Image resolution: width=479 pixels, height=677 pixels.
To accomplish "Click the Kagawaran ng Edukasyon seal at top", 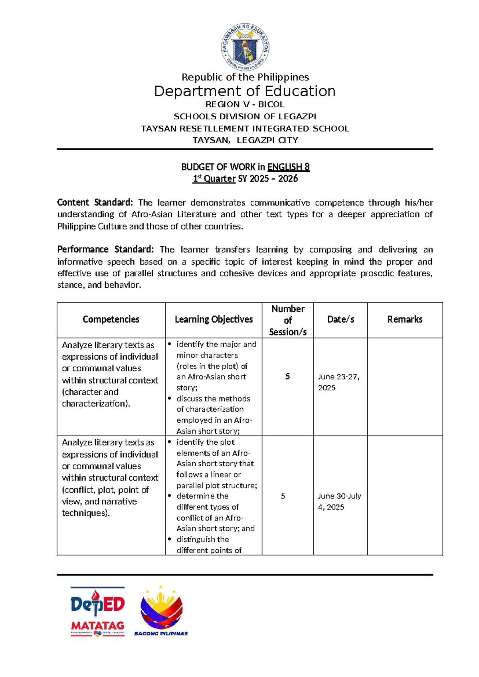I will pyautogui.click(x=245, y=47).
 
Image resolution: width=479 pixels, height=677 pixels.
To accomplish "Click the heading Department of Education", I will pyautogui.click(x=245, y=91).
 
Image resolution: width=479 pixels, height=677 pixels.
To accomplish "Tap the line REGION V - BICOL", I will pyautogui.click(x=245, y=105).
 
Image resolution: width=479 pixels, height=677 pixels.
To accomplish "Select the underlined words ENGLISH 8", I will pyautogui.click(x=288, y=167).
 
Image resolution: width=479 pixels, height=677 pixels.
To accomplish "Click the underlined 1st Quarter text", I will pyautogui.click(x=214, y=178).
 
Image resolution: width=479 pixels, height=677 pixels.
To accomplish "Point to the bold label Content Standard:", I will pyautogui.click(x=95, y=202).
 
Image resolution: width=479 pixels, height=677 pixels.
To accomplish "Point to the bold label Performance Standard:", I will pyautogui.click(x=105, y=249).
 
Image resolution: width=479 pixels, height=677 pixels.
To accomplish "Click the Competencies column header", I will pyautogui.click(x=111, y=319).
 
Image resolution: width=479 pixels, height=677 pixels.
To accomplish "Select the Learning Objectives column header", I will pyautogui.click(x=214, y=319).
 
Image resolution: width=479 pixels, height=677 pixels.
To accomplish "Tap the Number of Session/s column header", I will pyautogui.click(x=288, y=320).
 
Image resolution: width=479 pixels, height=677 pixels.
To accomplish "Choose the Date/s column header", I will pyautogui.click(x=340, y=319).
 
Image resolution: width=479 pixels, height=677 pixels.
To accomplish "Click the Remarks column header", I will pyautogui.click(x=405, y=319).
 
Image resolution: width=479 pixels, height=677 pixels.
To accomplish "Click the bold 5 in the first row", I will pyautogui.click(x=287, y=376).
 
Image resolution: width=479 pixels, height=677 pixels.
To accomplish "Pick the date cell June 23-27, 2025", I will pyautogui.click(x=338, y=382).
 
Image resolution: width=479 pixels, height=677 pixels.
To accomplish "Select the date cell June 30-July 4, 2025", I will pyautogui.click(x=339, y=501).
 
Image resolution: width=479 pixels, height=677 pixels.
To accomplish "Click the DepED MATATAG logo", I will pyautogui.click(x=98, y=612).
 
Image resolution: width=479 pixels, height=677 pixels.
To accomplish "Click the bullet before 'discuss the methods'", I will pyautogui.click(x=170, y=398).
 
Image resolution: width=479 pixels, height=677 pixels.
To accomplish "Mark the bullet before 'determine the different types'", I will pyautogui.click(x=170, y=496).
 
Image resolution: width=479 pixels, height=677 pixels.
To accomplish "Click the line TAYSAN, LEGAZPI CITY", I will pyautogui.click(x=245, y=140).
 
